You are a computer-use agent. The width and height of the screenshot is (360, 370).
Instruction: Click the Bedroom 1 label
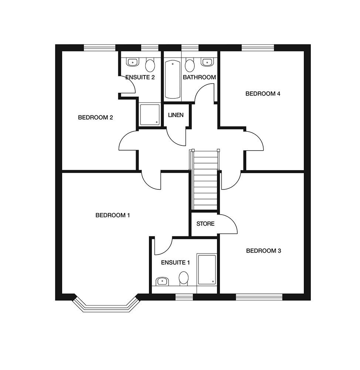tap(112, 215)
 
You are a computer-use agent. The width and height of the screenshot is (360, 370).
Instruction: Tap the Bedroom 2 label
tap(95, 117)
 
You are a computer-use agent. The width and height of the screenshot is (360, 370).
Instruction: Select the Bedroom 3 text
tap(264, 250)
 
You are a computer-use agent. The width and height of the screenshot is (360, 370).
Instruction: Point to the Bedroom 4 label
tap(263, 94)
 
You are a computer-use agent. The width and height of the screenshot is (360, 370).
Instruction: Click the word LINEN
tap(176, 115)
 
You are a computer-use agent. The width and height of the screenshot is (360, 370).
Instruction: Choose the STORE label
tap(206, 224)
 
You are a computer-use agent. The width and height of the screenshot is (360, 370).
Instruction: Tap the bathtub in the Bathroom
tap(173, 79)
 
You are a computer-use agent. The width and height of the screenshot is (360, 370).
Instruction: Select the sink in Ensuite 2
tap(133, 62)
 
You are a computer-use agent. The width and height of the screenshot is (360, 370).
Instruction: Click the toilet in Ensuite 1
tap(184, 279)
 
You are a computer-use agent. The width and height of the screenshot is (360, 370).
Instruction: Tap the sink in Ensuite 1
tap(162, 281)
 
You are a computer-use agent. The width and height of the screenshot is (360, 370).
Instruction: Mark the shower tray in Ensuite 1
tap(207, 269)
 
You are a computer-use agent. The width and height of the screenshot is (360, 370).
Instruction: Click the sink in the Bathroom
tap(207, 62)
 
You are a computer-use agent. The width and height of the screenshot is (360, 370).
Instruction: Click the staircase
tap(205, 179)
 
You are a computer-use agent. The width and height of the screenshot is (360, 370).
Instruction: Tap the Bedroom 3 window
tap(259, 297)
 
